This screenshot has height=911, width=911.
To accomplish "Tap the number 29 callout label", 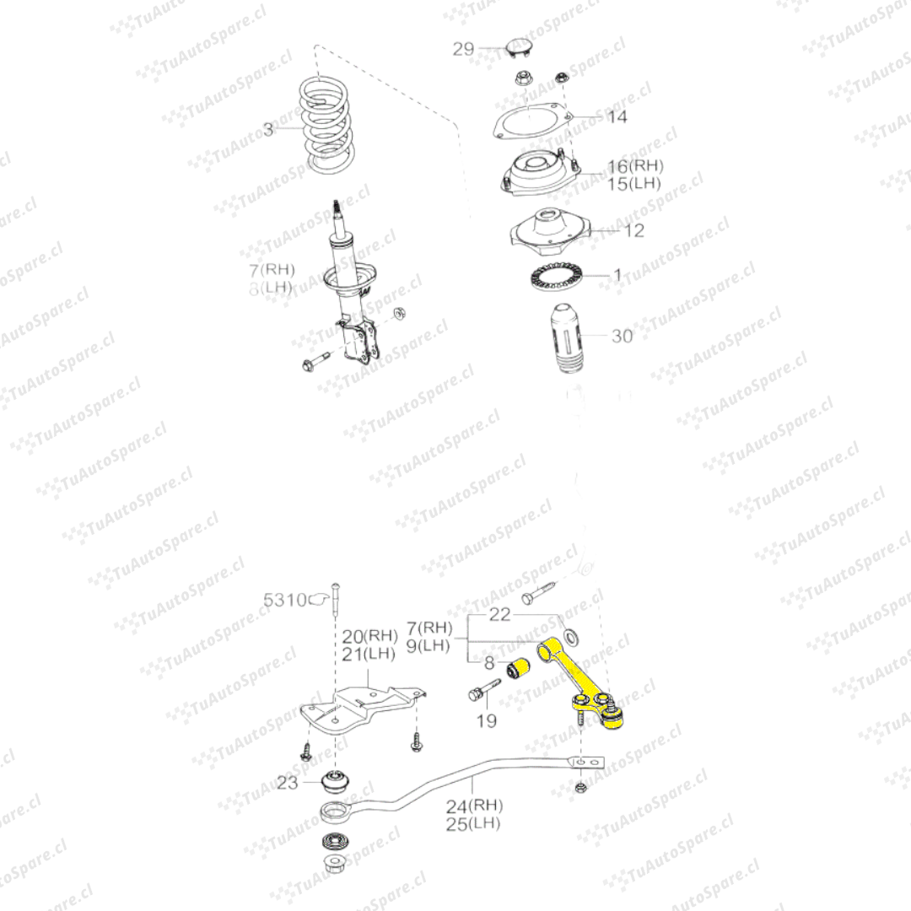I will pos(464,49).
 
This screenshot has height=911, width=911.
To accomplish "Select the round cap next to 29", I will pos(520,46).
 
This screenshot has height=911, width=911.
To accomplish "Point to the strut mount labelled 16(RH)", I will pos(538,175).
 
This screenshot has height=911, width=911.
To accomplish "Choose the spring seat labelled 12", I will pos(549,230).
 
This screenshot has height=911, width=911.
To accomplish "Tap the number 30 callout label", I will pos(622,337).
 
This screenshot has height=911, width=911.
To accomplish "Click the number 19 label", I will pos(486,720).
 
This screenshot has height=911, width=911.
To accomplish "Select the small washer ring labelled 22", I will pos(570,634).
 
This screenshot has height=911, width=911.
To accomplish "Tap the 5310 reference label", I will pos(280,601).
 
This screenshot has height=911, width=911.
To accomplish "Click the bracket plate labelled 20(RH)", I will pos(363,709).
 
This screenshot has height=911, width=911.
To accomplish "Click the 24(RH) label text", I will pos(473,806).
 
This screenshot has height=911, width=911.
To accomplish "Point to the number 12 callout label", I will pos(633,230).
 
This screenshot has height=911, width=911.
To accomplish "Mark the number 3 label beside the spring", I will pos(268,129).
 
